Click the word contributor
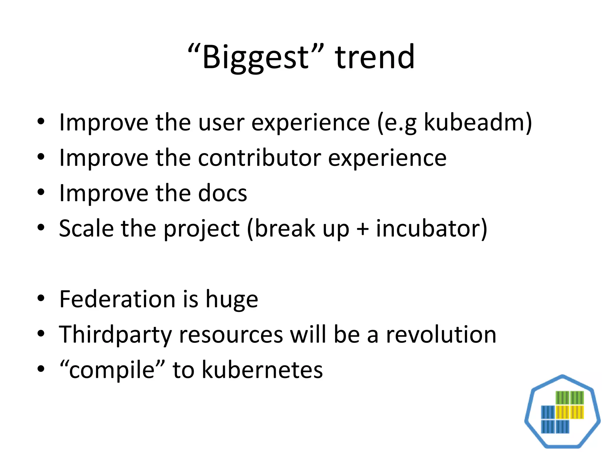(x=260, y=158)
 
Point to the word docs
(x=223, y=193)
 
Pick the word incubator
(x=429, y=229)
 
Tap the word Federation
(x=117, y=299)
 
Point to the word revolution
(x=441, y=335)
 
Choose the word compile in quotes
(x=112, y=370)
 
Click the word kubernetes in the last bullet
(x=262, y=370)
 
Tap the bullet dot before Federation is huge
(x=41, y=298)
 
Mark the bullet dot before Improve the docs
(x=41, y=192)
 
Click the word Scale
(x=86, y=229)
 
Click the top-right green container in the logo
(x=577, y=398)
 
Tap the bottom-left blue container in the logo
(x=548, y=427)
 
